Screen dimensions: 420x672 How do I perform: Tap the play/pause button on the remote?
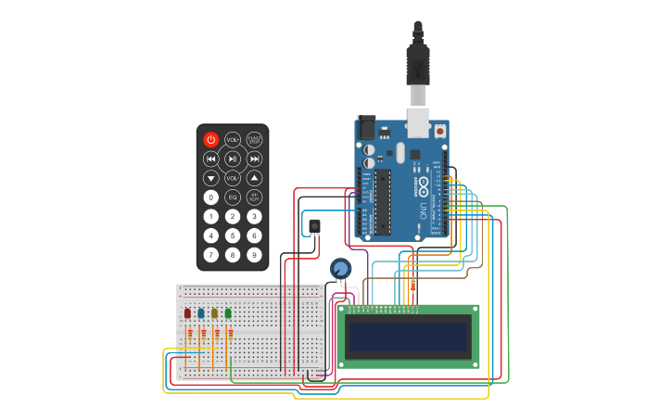pos(233,159)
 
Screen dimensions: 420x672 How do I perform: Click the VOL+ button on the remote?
pos(233,139)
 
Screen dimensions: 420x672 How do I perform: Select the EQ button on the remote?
pos(233,197)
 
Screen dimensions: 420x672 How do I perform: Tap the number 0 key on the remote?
pos(211,197)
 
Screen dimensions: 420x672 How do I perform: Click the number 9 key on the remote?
pos(254,254)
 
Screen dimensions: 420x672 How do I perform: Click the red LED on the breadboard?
pos(187,313)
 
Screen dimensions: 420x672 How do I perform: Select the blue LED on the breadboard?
pos(201,313)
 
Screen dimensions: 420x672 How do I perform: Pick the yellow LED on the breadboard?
pos(214,313)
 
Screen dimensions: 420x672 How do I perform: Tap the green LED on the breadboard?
pos(228,313)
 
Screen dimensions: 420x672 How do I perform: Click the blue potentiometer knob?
pos(341,268)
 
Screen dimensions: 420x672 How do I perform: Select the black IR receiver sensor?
pos(314,225)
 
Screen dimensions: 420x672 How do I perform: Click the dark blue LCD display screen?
pos(409,340)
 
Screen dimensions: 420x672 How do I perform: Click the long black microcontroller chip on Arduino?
pos(381,201)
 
